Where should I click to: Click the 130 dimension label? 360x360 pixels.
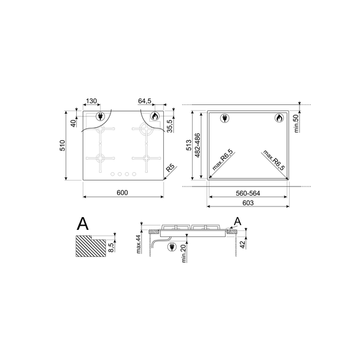[91, 101]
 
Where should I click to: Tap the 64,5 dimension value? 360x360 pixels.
[145, 101]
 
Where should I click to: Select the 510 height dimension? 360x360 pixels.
[62, 145]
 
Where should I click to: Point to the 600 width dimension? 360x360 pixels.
[122, 193]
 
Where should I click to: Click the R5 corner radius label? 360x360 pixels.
[170, 167]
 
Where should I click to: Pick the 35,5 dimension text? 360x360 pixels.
[170, 126]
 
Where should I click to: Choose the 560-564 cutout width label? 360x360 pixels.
[248, 193]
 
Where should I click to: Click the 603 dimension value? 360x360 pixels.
[248, 203]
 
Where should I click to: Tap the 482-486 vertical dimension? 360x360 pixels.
[197, 145]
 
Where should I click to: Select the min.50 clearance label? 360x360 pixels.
[296, 123]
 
